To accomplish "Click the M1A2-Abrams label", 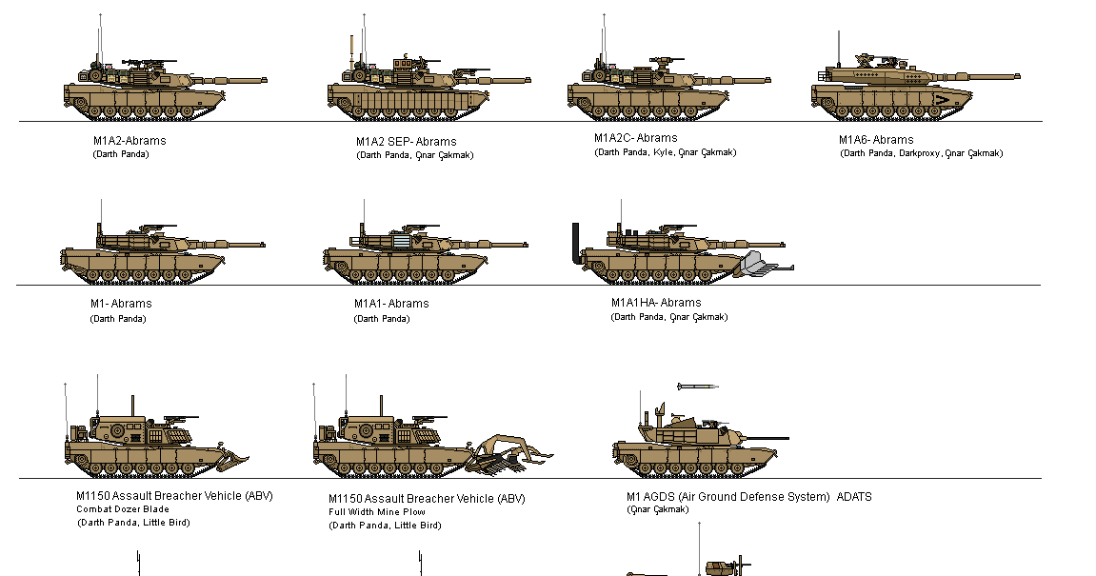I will [x=130, y=141].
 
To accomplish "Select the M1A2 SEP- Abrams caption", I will [x=406, y=142].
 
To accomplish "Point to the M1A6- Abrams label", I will [x=876, y=140].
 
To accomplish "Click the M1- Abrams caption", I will [x=121, y=304].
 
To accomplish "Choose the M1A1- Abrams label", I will [x=391, y=304].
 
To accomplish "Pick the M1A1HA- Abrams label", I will [x=656, y=303].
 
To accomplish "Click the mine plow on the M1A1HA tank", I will [x=767, y=265].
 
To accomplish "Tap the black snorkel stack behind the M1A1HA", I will [x=576, y=244].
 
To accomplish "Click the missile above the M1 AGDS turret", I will [x=696, y=387].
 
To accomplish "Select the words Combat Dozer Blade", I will [x=123, y=509].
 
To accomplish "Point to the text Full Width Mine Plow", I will [x=377, y=512].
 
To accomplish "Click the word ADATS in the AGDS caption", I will [x=854, y=497].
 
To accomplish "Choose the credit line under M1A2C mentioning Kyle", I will [x=665, y=152].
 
